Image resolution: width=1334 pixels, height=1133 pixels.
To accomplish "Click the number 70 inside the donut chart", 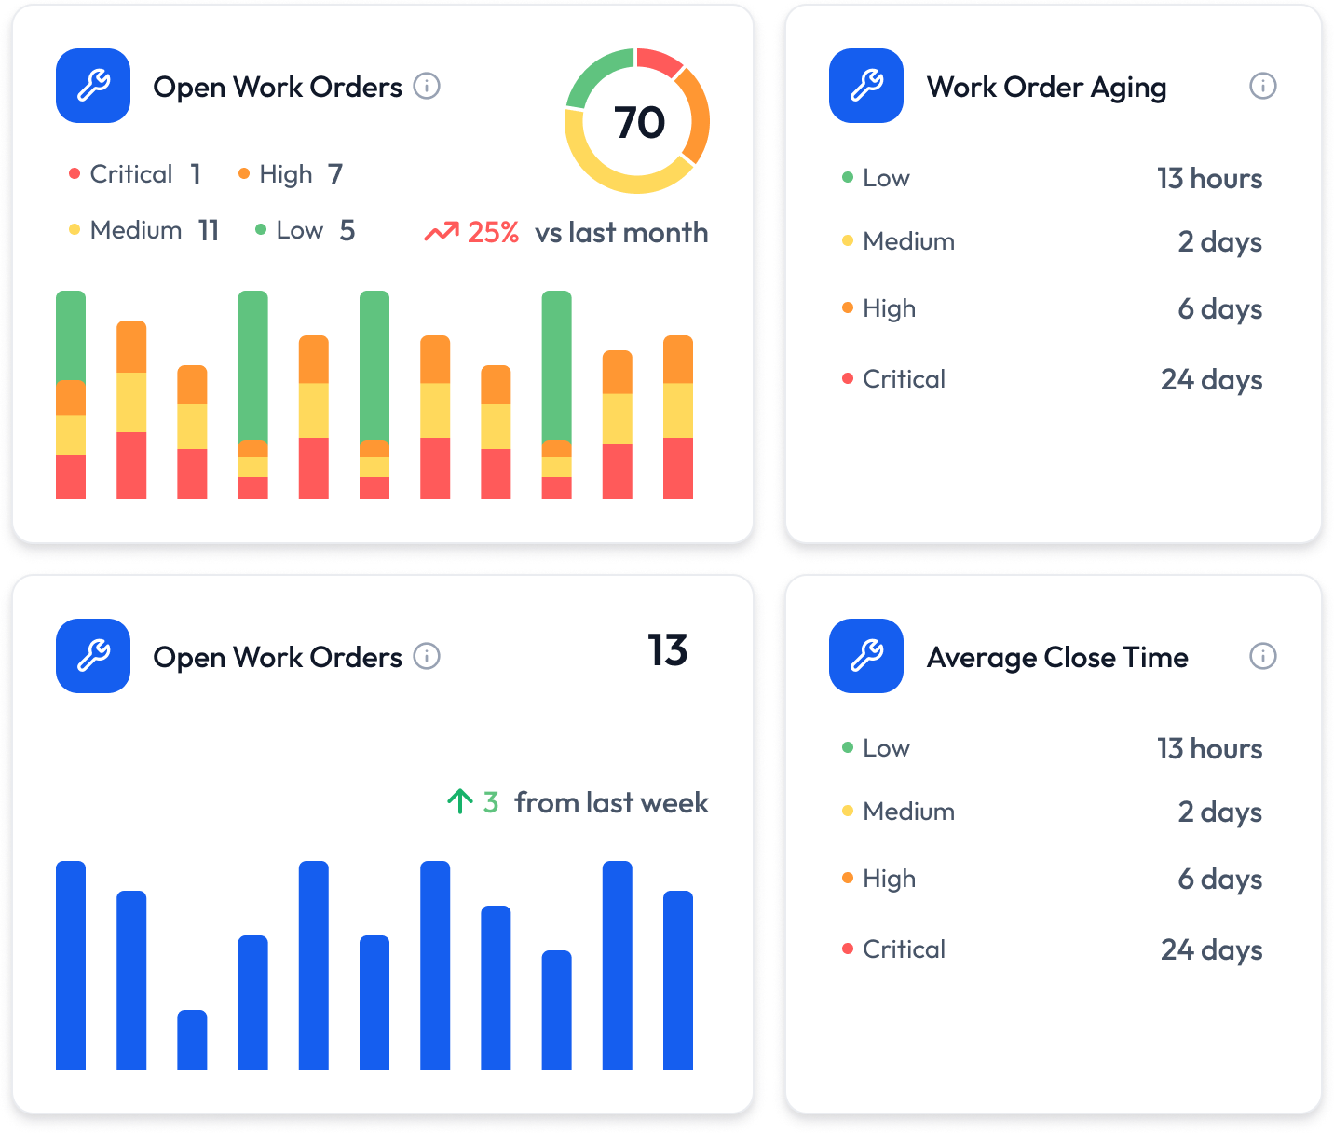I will point(639,122).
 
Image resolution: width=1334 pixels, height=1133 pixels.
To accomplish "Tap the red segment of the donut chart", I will point(660,61).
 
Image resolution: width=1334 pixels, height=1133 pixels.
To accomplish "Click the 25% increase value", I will point(493,233).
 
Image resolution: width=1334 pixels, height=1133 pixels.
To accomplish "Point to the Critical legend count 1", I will point(196,174).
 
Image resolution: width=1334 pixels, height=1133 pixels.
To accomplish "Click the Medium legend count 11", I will point(209,230).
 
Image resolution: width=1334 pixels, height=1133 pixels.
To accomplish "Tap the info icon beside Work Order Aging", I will point(1262,87).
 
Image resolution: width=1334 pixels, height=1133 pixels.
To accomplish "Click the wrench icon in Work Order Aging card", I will point(866,86).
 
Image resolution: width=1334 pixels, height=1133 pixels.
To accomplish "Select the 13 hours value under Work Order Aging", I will point(1209,178).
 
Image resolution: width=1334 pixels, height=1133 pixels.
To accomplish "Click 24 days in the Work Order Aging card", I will point(1211,379).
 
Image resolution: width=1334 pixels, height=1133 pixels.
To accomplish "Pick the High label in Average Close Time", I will point(889,879).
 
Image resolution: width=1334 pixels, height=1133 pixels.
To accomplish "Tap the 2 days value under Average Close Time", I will point(1219,812).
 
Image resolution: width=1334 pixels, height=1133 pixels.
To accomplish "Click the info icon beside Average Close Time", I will point(1262,657).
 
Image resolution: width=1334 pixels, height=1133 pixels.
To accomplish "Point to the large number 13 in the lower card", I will point(667,650).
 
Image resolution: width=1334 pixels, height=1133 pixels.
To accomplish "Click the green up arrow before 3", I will point(459,801).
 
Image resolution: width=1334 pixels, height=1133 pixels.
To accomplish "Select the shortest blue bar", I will point(192,1039).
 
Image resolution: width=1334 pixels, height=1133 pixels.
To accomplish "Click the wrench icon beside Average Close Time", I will point(866,656).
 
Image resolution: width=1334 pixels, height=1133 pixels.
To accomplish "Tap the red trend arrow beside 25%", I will point(442,232).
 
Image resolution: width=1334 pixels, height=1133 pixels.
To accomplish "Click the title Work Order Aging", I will point(1046,88).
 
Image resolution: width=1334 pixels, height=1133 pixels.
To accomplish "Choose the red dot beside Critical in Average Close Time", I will point(848,949).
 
